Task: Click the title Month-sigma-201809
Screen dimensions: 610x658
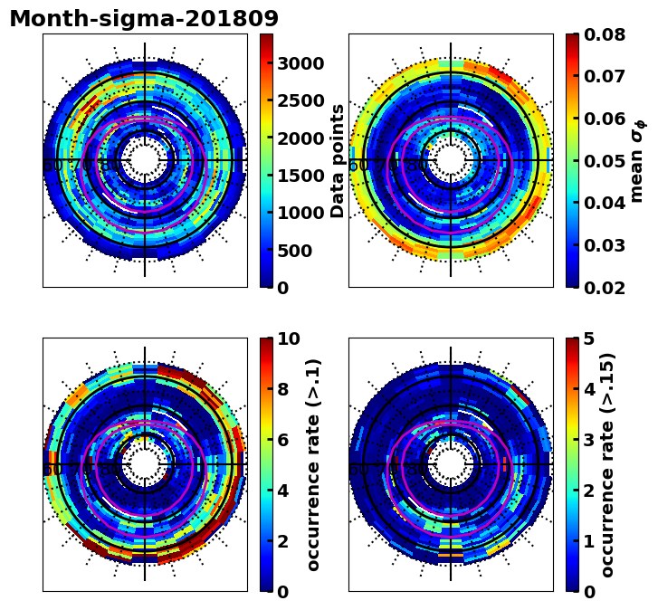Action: [x=144, y=19]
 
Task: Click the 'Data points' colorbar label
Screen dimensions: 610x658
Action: [x=339, y=160]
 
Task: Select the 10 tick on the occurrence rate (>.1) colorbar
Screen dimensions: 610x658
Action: [x=289, y=339]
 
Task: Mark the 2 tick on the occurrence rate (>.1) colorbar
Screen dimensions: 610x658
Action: [x=283, y=541]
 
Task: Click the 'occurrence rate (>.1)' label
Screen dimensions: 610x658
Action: [x=314, y=464]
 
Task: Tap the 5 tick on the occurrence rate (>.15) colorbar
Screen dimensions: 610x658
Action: [x=589, y=339]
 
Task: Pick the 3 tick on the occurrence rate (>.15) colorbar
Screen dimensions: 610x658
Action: [x=589, y=440]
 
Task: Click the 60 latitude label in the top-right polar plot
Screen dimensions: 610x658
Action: [x=358, y=166]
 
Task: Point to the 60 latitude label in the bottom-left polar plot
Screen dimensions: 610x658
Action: [x=52, y=470]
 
